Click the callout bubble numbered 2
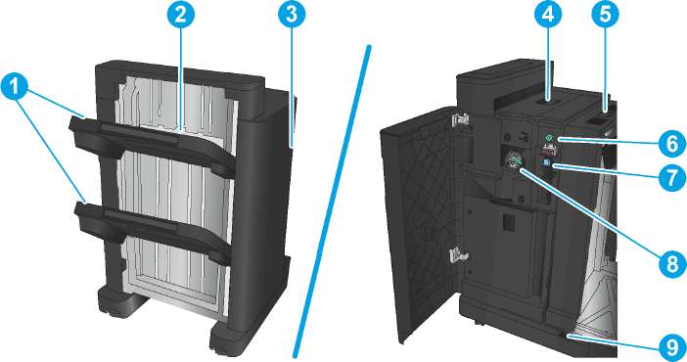coord(180,15)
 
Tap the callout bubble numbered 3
coord(292,15)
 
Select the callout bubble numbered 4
coord(548,15)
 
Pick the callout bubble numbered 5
coord(605,15)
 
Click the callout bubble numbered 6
coord(672,144)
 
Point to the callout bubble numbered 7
coord(672,178)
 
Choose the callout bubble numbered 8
coord(672,264)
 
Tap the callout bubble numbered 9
coord(672,348)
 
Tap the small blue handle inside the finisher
coord(546,163)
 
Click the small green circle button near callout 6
coord(547,139)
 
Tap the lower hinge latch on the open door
coord(456,252)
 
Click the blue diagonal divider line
coord(333,203)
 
